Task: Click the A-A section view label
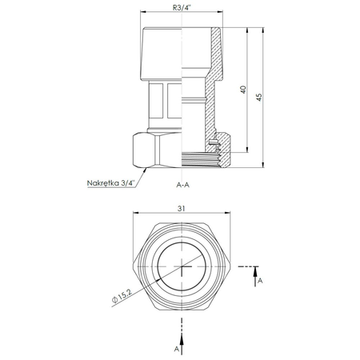click(x=182, y=184)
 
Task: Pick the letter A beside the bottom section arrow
click(x=175, y=350)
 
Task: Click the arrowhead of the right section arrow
click(x=258, y=270)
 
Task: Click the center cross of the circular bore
click(x=182, y=268)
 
